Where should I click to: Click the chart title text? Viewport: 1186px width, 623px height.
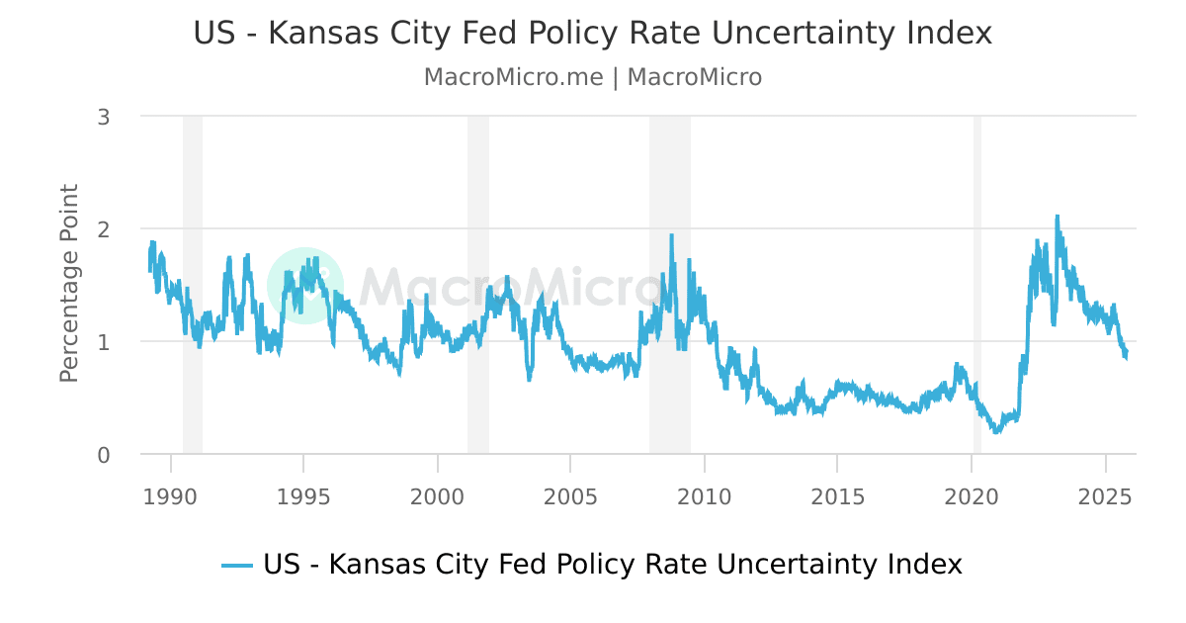coord(592,34)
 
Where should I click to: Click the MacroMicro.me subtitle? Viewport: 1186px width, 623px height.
coord(592,77)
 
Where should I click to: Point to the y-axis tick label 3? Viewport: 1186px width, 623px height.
coord(103,117)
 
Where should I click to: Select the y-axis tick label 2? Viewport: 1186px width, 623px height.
coord(103,228)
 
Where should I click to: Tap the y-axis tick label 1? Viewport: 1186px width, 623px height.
coord(103,342)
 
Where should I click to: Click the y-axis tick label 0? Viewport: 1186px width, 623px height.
coord(103,455)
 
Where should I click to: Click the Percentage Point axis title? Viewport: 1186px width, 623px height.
coord(69,284)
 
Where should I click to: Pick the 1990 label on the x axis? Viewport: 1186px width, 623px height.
coord(171,494)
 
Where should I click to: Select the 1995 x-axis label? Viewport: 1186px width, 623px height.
coord(303,494)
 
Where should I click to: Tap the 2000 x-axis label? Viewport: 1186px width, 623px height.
coord(437,494)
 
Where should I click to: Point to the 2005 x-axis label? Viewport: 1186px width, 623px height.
coord(570,494)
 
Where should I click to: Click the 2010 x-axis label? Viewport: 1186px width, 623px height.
coord(704,494)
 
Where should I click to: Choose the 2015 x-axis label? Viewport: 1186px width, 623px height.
coord(837,494)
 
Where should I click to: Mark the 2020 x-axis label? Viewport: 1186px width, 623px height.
coord(971,494)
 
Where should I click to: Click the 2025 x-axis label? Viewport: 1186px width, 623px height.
coord(1104,494)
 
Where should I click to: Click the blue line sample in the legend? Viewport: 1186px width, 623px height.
coord(237,566)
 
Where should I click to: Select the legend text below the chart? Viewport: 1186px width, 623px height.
coord(612,565)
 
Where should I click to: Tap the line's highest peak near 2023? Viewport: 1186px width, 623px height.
coord(1057,217)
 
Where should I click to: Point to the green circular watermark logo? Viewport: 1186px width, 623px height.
coord(305,285)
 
